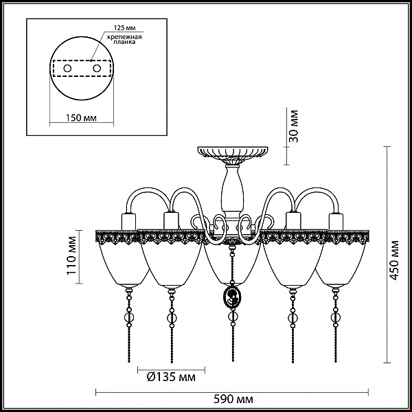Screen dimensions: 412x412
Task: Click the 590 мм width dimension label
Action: click(x=233, y=399)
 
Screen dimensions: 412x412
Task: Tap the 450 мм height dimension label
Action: click(x=394, y=260)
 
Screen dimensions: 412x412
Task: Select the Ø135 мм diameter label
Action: click(x=171, y=377)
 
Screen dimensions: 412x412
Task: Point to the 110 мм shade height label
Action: click(x=71, y=255)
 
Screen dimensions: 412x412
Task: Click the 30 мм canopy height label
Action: click(x=293, y=126)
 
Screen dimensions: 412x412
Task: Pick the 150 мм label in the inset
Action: click(x=81, y=118)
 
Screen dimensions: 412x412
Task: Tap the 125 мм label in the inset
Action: click(x=124, y=28)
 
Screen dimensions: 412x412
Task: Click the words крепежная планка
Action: click(x=124, y=39)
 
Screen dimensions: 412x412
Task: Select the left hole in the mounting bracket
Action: click(x=67, y=69)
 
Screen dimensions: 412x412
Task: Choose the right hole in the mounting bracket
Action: click(x=97, y=69)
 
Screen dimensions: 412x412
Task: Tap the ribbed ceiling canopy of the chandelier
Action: click(x=233, y=154)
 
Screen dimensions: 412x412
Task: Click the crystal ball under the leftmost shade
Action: click(x=129, y=317)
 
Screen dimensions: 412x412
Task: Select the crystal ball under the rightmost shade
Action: click(x=336, y=317)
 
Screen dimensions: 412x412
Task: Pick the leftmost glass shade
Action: click(x=123, y=264)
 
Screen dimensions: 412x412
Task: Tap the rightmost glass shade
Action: click(x=341, y=264)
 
